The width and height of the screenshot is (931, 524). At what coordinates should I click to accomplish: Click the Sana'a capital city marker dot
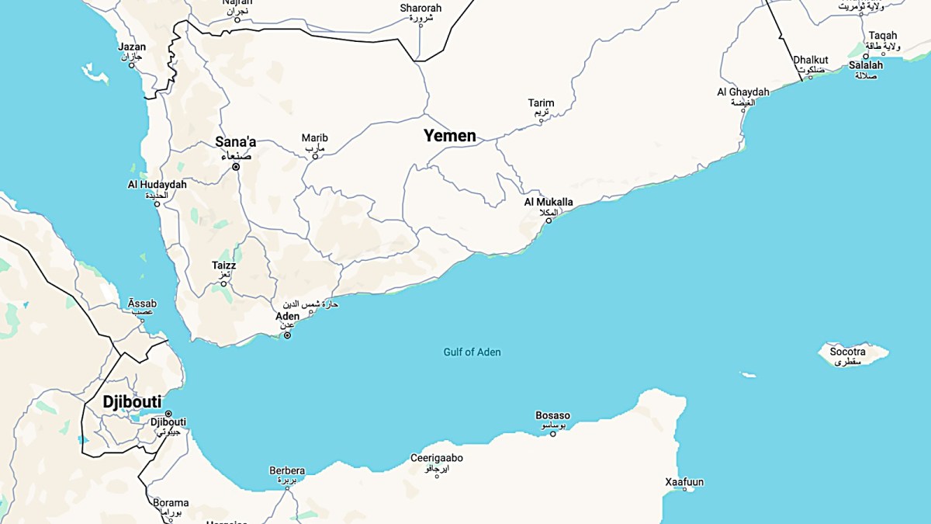236,166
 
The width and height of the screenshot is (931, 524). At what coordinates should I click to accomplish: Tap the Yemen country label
449,136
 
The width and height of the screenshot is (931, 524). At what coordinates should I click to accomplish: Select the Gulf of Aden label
472,352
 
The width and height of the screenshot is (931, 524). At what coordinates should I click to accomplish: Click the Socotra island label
847,352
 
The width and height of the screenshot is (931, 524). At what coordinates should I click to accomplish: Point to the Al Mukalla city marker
549,220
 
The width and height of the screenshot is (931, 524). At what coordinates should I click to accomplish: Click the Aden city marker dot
287,335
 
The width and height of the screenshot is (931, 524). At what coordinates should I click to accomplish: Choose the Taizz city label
223,266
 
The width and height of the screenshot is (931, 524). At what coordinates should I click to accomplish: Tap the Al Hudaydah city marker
157,204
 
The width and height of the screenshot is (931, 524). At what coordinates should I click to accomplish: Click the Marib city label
314,139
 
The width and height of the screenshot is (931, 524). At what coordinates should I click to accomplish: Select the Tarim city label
541,103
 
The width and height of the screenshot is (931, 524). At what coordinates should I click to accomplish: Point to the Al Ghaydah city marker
743,110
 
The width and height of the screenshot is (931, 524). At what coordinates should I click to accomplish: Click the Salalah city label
865,65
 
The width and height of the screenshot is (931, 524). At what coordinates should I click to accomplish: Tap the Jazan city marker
132,65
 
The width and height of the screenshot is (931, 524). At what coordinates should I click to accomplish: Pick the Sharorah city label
421,9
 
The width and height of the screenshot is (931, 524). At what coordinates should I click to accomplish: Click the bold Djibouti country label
132,402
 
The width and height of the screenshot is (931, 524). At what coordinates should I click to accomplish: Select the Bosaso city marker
553,433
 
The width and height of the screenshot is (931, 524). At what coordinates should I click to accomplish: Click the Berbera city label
287,470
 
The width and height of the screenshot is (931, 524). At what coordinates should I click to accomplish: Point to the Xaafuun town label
684,482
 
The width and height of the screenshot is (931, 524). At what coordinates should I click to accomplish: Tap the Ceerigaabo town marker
437,475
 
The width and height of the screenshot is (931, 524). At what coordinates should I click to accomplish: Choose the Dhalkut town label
810,60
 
